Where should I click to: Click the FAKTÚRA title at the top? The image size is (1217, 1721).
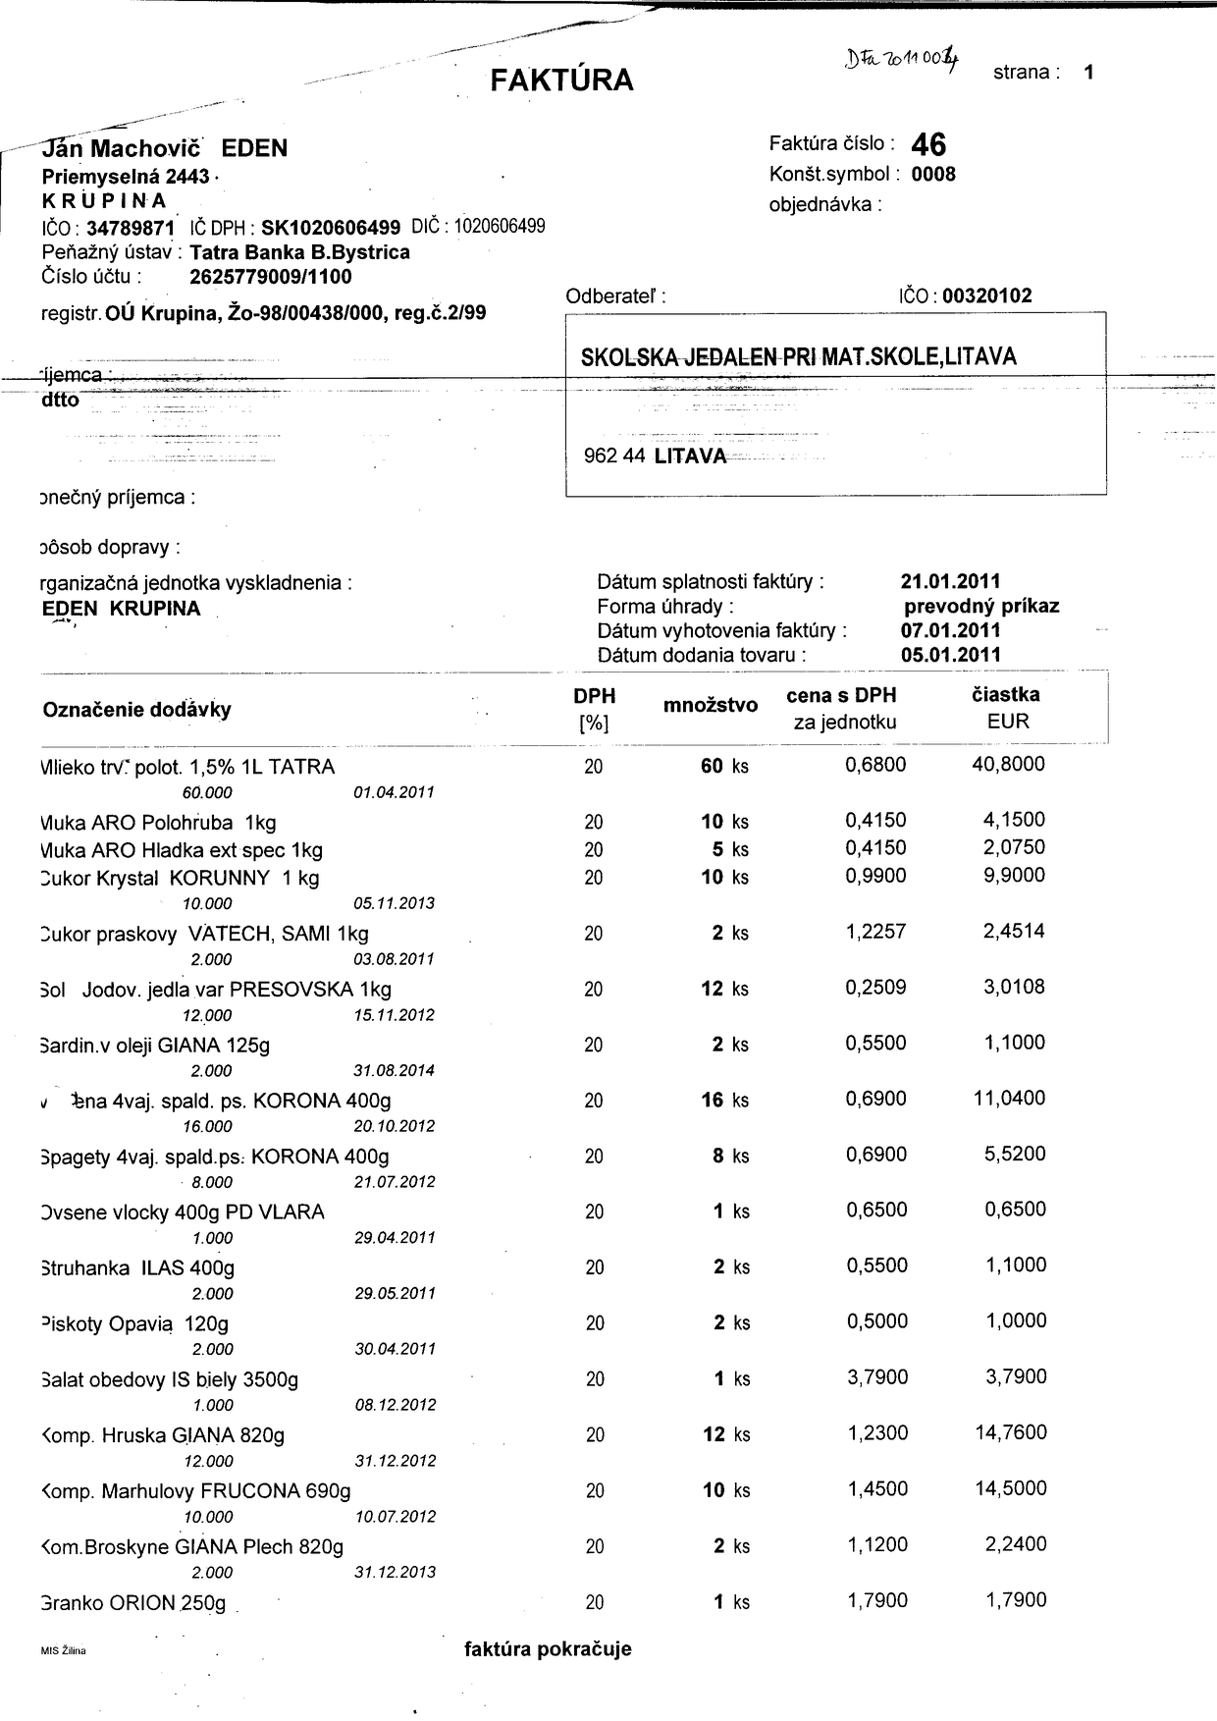tap(561, 80)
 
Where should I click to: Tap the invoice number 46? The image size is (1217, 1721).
tap(928, 145)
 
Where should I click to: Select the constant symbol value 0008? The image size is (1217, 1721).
tap(933, 175)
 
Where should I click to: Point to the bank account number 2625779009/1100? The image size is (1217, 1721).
tap(270, 277)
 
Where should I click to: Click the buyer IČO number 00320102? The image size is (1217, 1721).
tap(986, 296)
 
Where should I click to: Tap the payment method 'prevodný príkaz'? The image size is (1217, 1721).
tap(981, 606)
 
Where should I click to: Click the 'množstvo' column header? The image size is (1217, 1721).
tap(710, 705)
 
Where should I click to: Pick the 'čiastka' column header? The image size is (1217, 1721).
tap(1006, 695)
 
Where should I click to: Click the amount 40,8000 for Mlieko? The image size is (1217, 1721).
tap(1008, 764)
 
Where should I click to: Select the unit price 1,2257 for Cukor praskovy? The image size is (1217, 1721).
tap(875, 932)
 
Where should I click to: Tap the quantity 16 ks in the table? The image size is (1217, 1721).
tap(724, 1101)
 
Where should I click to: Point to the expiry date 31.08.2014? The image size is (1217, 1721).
tap(395, 1070)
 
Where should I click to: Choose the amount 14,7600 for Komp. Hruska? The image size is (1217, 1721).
tap(1010, 1432)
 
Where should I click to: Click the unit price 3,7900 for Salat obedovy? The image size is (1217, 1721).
tap(876, 1377)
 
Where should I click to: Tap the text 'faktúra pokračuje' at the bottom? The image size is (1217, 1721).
tap(548, 1649)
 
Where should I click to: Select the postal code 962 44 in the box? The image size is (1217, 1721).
tap(614, 457)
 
